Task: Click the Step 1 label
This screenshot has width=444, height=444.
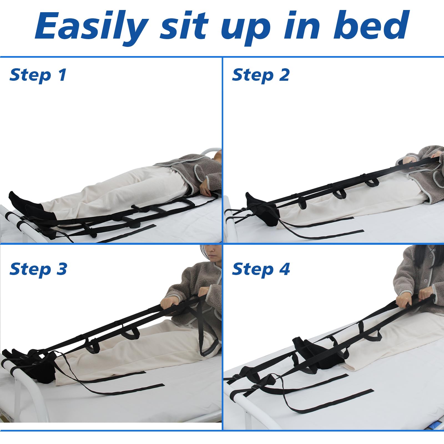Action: click(x=38, y=75)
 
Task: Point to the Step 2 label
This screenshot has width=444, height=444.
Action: click(x=261, y=75)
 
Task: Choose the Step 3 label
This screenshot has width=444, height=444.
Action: click(x=38, y=269)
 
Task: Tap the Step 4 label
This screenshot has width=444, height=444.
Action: click(x=261, y=269)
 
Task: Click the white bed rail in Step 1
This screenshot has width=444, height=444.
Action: click(x=17, y=219)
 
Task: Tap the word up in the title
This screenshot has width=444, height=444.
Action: click(x=246, y=28)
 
